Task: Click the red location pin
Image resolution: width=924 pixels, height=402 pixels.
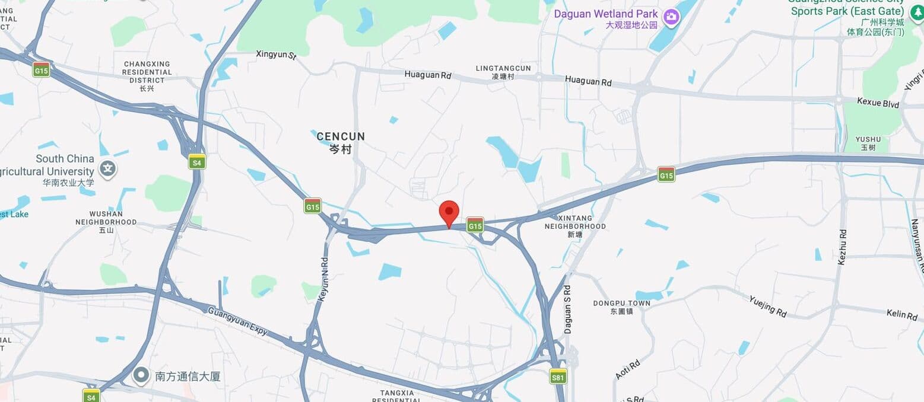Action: point(449,212)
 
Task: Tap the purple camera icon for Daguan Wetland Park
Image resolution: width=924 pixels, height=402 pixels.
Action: point(671,17)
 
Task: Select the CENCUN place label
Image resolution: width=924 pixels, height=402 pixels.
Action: point(341,137)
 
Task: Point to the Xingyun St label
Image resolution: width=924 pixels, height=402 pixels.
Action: point(276,55)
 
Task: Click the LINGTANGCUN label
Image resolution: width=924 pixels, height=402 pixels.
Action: point(503,69)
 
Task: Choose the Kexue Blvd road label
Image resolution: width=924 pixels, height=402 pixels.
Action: point(878,103)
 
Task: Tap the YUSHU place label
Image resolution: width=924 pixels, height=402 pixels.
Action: point(868,140)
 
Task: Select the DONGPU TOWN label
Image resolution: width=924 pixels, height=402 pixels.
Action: point(621,304)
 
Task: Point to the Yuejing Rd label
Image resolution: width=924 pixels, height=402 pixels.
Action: point(767,307)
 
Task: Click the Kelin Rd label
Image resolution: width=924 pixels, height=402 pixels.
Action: point(902,314)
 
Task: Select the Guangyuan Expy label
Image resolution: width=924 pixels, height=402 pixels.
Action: point(238,321)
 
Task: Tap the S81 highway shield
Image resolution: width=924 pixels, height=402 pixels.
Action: point(558,376)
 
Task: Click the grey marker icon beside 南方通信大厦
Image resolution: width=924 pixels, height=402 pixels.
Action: point(141,375)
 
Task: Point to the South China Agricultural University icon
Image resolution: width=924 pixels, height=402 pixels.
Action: point(108,169)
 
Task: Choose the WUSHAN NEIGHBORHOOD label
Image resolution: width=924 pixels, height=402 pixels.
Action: point(106,218)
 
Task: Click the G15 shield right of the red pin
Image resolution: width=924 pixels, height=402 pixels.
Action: point(475,224)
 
